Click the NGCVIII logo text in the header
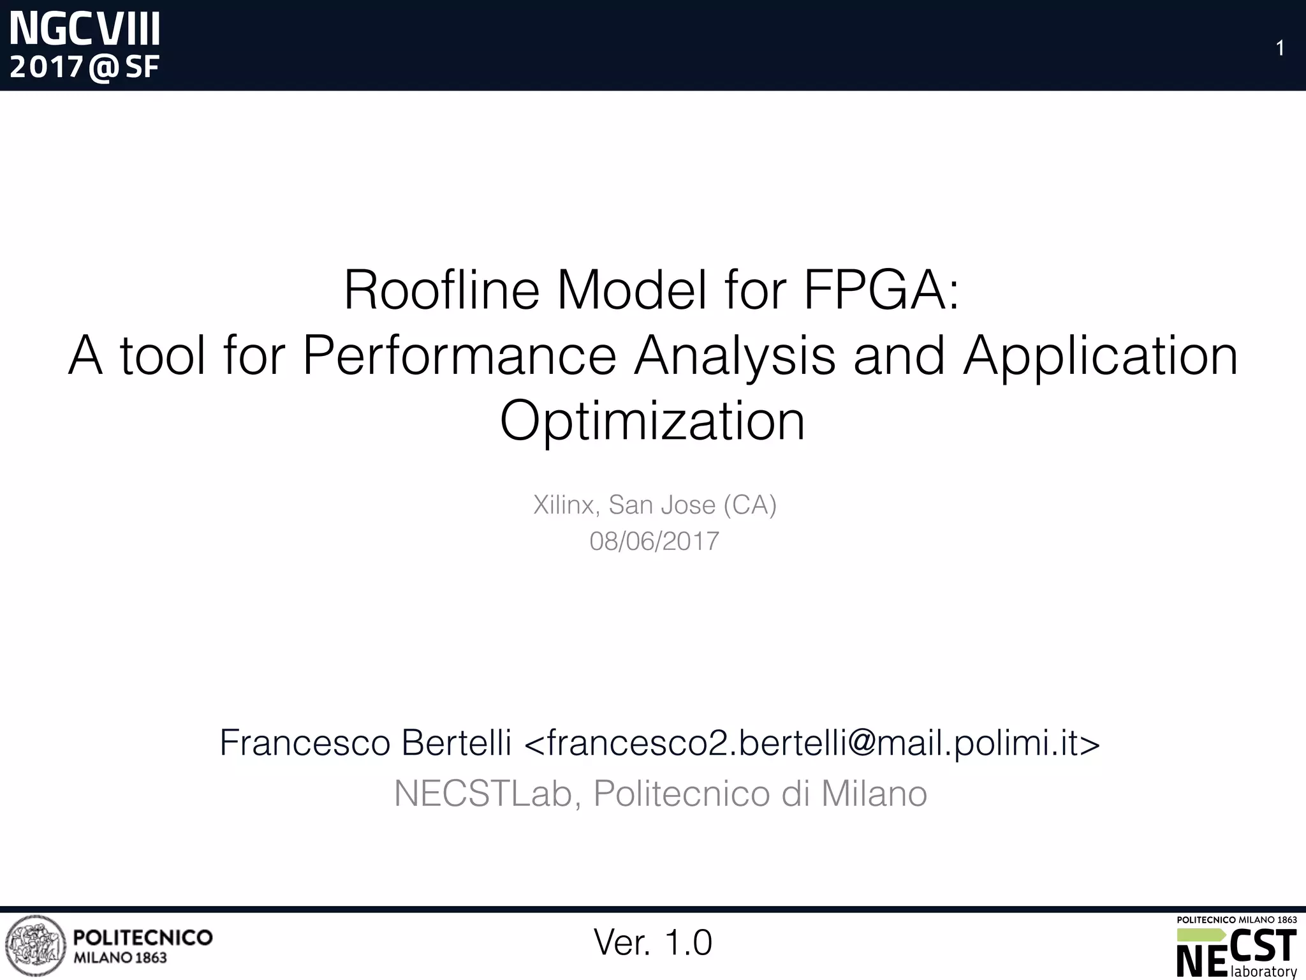click(85, 29)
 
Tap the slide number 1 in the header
click(1279, 48)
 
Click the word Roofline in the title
click(441, 290)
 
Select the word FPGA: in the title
click(881, 290)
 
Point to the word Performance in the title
click(459, 356)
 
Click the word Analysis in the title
click(734, 356)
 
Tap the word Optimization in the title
click(652, 421)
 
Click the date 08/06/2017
click(654, 541)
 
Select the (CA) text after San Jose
click(750, 505)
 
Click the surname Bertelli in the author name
click(456, 743)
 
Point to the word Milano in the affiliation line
click(874, 794)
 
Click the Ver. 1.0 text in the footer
click(652, 942)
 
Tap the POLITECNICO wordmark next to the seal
click(143, 937)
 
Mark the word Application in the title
click(1101, 356)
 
